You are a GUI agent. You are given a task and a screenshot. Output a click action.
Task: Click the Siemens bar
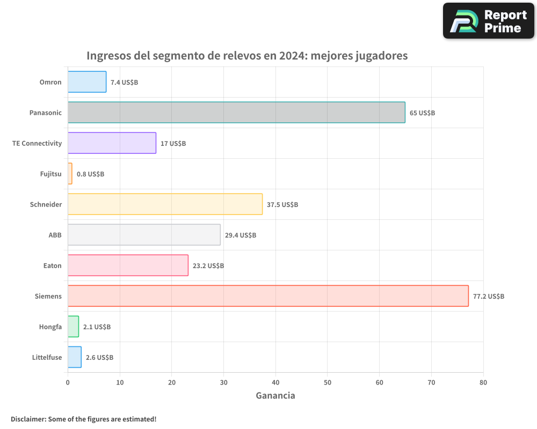point(268,296)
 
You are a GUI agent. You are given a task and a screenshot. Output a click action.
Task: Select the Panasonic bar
point(236,113)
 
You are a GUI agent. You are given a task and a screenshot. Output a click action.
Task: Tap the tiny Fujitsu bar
point(70,174)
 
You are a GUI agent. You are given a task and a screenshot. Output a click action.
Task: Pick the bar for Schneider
point(165,204)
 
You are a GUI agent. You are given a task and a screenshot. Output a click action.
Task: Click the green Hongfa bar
point(73,327)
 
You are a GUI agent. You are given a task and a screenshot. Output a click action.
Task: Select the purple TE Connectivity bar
point(112,143)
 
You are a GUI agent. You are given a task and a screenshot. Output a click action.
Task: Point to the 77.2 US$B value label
point(489,297)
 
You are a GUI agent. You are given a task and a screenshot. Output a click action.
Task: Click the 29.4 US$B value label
point(241,235)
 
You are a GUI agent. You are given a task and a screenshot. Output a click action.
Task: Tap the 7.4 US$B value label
point(124,83)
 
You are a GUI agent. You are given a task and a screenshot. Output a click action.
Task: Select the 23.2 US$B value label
point(208,266)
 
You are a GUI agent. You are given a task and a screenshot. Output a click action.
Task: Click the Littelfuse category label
point(47,358)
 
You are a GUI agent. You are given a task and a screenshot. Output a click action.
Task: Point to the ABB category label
point(55,235)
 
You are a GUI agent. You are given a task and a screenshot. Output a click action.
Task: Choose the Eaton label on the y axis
point(52,266)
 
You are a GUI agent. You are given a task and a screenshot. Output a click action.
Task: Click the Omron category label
point(50,83)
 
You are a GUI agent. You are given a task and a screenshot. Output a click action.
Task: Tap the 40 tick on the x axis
point(275,383)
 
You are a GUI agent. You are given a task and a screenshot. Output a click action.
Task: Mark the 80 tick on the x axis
point(483,383)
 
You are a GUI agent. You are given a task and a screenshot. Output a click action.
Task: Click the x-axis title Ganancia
point(275,396)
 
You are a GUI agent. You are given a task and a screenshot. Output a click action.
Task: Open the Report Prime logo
point(489,21)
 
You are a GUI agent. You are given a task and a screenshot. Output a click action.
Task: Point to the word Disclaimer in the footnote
point(27,419)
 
